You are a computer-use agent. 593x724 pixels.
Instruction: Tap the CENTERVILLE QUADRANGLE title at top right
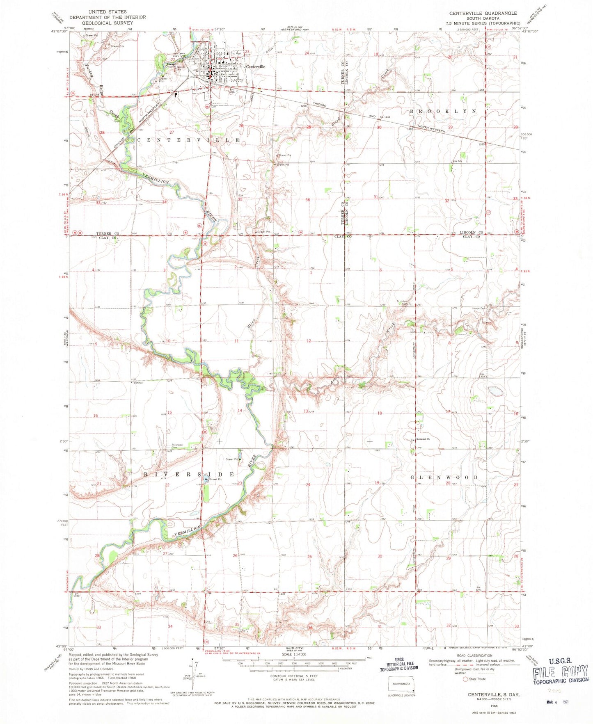coord(482,13)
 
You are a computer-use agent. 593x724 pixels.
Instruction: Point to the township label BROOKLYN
coord(444,111)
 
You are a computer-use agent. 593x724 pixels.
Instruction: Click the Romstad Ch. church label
coord(422,439)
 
